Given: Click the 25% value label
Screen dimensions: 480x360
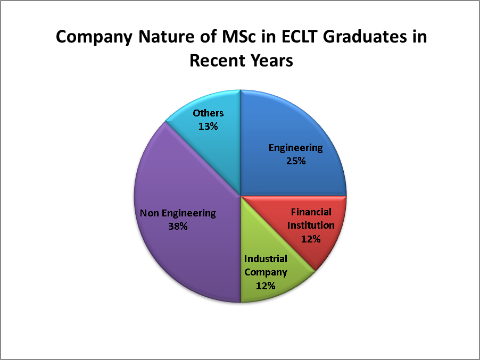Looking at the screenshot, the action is (296, 161).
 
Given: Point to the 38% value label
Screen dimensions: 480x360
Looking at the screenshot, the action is (178, 227).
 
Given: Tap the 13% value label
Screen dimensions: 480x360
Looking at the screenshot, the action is (208, 127).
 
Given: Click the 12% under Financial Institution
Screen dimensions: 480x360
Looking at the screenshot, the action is (311, 239).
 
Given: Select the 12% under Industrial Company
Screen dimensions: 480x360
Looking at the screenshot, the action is (266, 286).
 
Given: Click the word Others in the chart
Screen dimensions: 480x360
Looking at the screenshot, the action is (208, 113).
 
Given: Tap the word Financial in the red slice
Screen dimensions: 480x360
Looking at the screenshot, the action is (311, 212).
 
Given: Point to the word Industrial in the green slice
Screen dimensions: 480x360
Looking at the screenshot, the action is (266, 259).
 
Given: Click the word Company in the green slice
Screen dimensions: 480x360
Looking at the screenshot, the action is (266, 272).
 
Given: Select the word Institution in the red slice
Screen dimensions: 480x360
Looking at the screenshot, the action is (311, 225).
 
